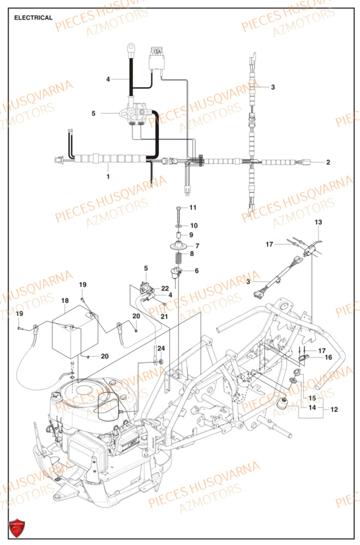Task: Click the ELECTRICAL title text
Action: click(x=33, y=17)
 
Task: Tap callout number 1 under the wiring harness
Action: click(x=107, y=177)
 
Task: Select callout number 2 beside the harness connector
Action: click(x=328, y=162)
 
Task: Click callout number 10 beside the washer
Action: click(x=194, y=225)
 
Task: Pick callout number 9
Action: click(x=191, y=235)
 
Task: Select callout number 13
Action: click(x=319, y=222)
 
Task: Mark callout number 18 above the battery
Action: click(x=64, y=300)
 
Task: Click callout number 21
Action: click(x=164, y=317)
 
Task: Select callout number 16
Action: click(x=328, y=358)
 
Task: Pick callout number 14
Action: click(x=312, y=408)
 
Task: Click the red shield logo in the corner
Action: click(x=17, y=527)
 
